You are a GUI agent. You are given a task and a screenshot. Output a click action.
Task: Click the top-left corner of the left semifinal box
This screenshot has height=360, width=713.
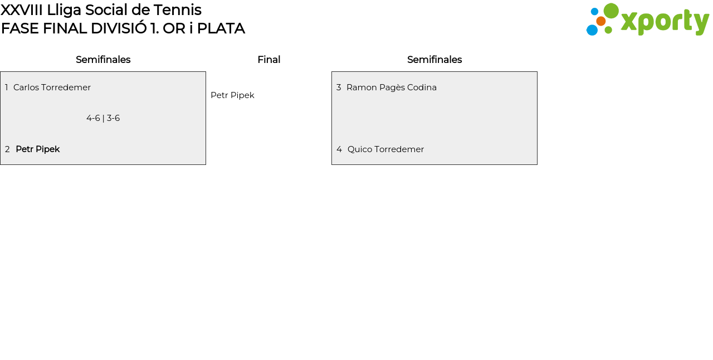coord(1,72)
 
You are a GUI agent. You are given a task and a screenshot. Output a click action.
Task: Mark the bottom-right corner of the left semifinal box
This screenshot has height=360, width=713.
coord(206,165)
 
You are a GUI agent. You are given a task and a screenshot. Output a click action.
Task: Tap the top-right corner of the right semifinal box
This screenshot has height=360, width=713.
coord(538,72)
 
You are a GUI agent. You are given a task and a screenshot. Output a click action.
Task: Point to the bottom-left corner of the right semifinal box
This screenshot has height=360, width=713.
coord(331,165)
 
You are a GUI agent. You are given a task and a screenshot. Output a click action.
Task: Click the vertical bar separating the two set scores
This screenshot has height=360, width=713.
coord(104,119)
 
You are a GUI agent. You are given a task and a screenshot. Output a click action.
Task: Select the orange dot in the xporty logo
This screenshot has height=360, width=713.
coord(600,21)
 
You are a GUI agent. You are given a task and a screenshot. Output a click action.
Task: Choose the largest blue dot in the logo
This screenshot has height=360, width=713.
coord(592,30)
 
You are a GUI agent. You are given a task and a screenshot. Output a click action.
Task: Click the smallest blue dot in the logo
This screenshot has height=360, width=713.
coord(594,12)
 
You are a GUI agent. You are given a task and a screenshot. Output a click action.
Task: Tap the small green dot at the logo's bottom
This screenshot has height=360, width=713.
coord(608,30)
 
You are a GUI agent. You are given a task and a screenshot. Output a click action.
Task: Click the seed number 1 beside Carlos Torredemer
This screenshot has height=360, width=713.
coord(6,87)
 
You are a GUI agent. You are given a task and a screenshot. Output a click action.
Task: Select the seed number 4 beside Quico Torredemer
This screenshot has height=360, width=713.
coord(339,149)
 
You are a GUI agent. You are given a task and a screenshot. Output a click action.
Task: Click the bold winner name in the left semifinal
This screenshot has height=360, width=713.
coord(37,149)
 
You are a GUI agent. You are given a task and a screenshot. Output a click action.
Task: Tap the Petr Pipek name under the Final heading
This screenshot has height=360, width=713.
coord(232,95)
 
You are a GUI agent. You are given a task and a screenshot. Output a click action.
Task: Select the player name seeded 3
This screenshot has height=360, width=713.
coord(392,87)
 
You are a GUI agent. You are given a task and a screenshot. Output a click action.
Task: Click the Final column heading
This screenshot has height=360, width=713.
coord(269,60)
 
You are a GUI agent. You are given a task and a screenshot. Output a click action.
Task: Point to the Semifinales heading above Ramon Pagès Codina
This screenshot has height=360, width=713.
coord(434,60)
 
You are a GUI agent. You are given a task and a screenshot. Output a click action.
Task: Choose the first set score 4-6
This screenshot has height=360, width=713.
coord(93,118)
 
